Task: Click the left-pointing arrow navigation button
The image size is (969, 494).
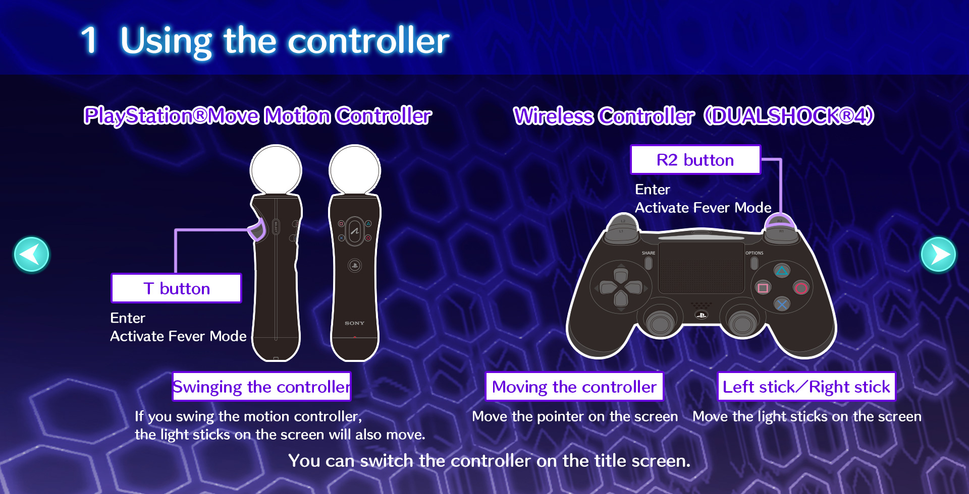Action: coord(31,255)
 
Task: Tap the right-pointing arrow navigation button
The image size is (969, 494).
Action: coord(938,255)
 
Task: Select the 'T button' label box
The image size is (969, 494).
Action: coord(176,288)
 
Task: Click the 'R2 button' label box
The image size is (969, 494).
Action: coord(695,160)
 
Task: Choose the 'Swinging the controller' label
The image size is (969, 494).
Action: coord(261,387)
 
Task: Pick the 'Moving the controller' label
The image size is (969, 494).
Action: coord(574,387)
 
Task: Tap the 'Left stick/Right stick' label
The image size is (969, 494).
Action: coord(806,387)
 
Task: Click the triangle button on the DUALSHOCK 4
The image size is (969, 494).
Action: coord(782,271)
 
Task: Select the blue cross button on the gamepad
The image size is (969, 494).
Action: coord(782,304)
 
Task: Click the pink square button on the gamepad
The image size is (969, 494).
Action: coord(763,288)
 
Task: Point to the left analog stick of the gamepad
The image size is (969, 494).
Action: coord(660,322)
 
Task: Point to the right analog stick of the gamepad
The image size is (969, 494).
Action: coord(742,322)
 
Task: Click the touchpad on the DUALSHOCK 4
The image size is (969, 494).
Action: coord(701,268)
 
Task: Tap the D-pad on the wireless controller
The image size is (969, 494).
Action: coord(621,287)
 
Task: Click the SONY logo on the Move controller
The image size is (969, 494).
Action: coord(354,323)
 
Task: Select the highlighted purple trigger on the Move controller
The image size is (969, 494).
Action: coord(258,230)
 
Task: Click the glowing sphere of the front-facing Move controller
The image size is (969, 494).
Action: coord(355,170)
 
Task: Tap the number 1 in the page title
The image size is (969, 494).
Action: coord(89,40)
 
